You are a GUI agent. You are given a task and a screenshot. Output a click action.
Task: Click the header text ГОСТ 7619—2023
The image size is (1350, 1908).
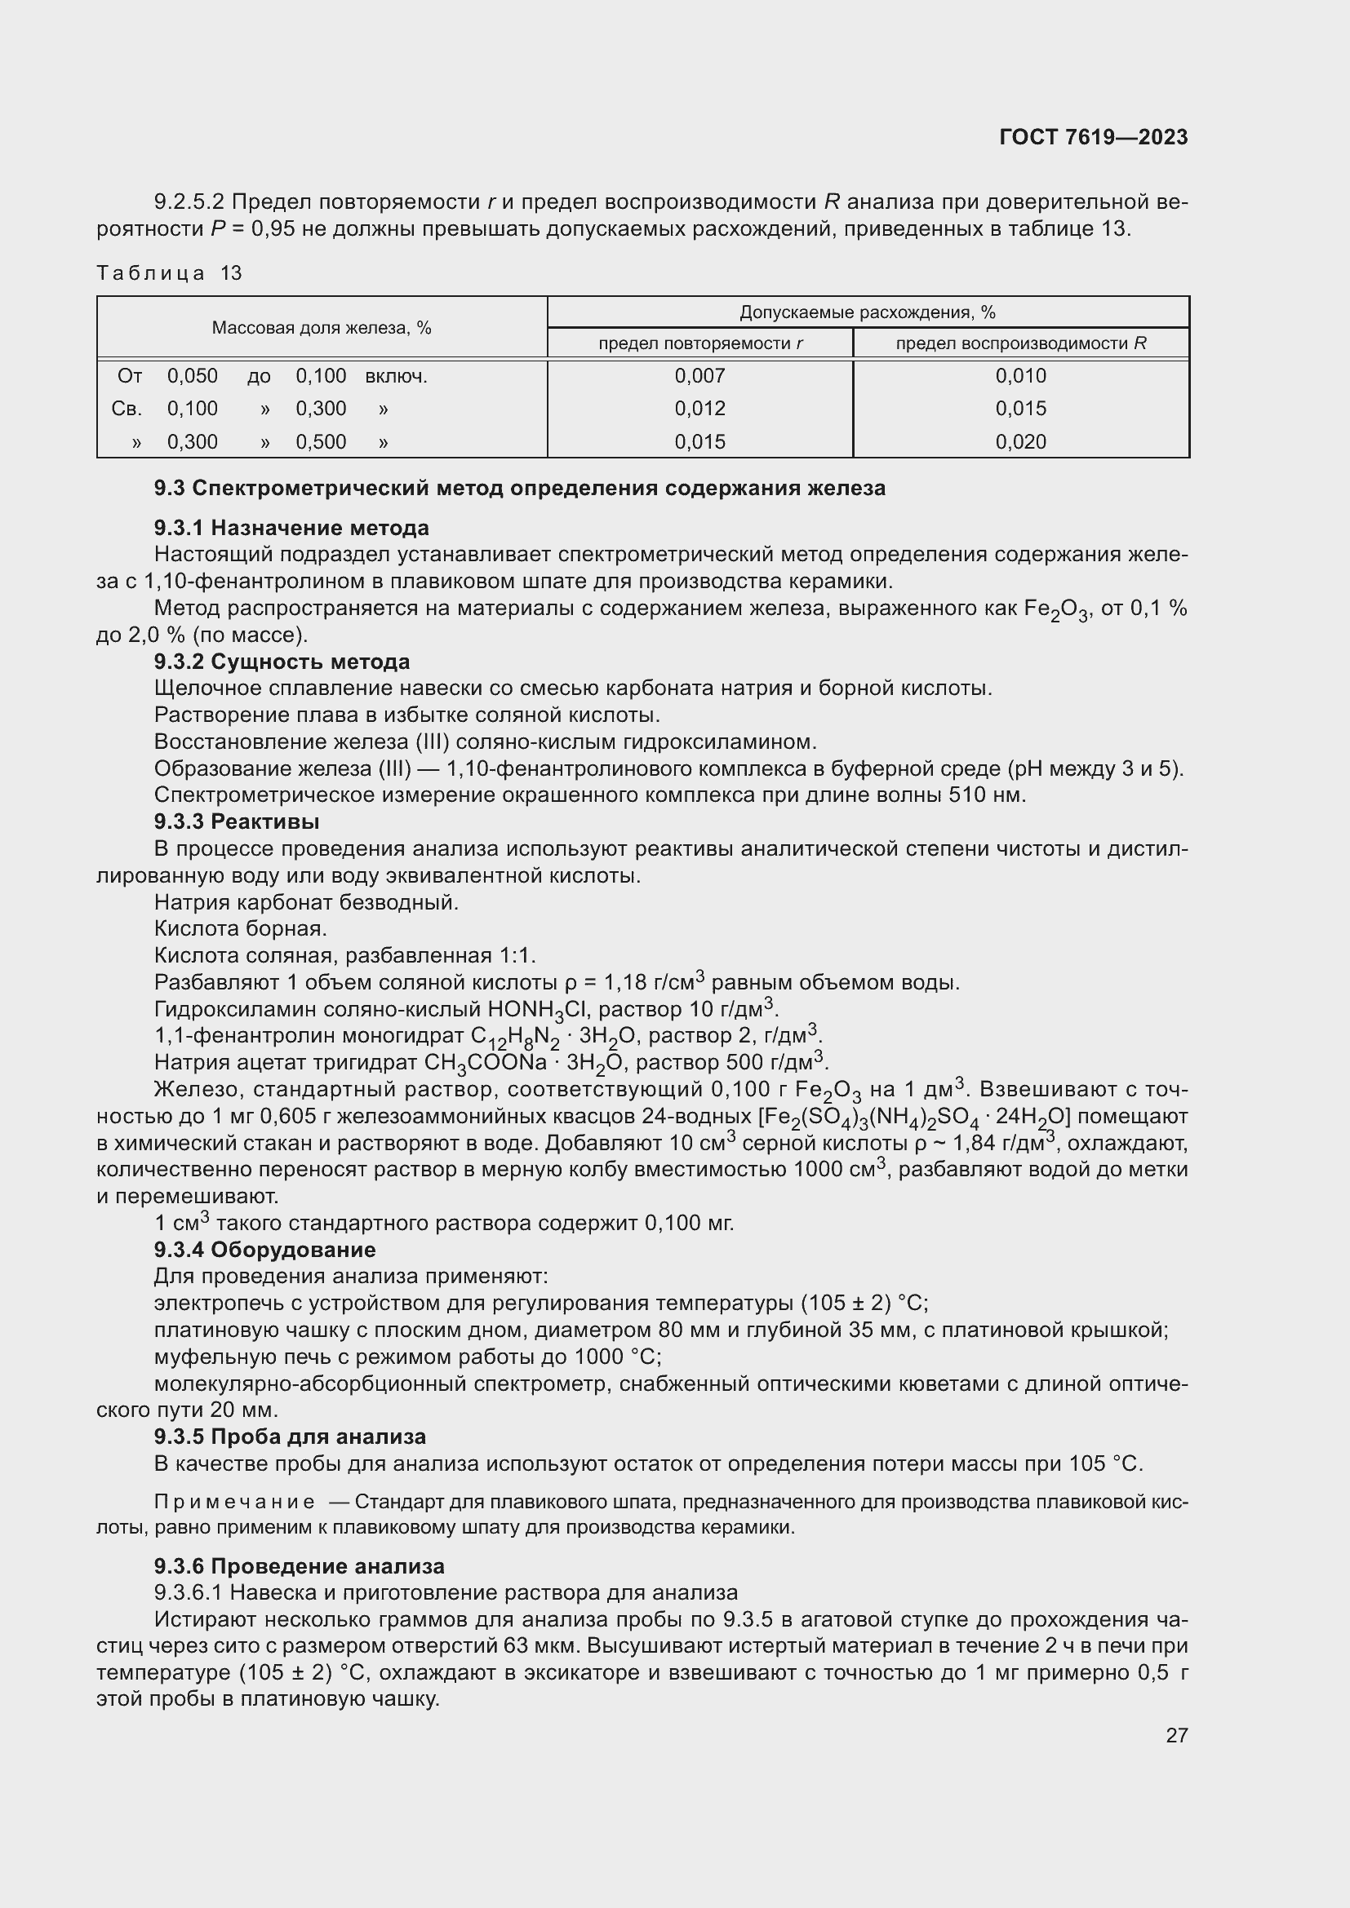(x=1093, y=137)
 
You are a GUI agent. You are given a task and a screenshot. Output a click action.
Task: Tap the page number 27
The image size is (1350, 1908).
(x=1176, y=1735)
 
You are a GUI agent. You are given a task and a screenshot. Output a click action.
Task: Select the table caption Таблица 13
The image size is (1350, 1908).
(x=169, y=273)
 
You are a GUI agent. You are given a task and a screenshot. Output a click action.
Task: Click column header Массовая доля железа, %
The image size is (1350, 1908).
(x=321, y=327)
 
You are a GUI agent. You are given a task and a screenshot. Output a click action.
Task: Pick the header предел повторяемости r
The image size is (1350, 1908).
(x=700, y=343)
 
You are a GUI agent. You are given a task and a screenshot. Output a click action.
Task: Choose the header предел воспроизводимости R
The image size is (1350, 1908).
(x=1021, y=343)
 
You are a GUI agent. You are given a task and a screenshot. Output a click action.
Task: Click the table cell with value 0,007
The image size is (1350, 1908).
(x=700, y=375)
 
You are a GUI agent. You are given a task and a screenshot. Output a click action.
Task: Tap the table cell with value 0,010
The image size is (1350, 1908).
(x=1021, y=375)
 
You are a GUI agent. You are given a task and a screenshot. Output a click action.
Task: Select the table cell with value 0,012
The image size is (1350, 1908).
(x=700, y=409)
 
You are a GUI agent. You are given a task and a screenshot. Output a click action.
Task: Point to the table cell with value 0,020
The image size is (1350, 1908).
(x=1021, y=442)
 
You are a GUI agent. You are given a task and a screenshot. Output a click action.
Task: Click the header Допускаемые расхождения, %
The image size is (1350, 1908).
(x=867, y=312)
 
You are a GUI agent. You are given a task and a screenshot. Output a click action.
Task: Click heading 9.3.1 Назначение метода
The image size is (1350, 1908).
(x=291, y=528)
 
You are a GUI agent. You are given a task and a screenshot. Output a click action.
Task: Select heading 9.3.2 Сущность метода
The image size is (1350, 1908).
(x=282, y=662)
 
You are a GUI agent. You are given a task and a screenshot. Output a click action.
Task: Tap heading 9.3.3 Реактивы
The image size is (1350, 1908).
(x=236, y=822)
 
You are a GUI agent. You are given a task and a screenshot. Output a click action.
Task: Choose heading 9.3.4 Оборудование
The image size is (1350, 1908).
(x=264, y=1250)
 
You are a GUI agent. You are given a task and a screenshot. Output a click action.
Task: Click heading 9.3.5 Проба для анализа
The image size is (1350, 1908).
(x=289, y=1437)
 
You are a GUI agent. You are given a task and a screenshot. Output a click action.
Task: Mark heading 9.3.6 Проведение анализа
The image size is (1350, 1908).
(x=299, y=1566)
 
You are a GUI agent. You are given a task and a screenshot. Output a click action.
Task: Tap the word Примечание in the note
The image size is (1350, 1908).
(x=234, y=1503)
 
